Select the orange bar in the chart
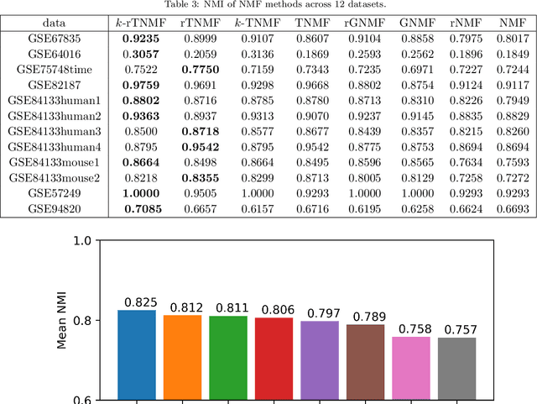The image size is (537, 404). click(182, 357)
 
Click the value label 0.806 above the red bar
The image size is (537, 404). click(274, 309)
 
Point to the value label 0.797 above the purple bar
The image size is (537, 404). click(320, 312)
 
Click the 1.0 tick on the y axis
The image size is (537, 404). click(81, 241)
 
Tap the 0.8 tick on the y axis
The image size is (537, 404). click(81, 321)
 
